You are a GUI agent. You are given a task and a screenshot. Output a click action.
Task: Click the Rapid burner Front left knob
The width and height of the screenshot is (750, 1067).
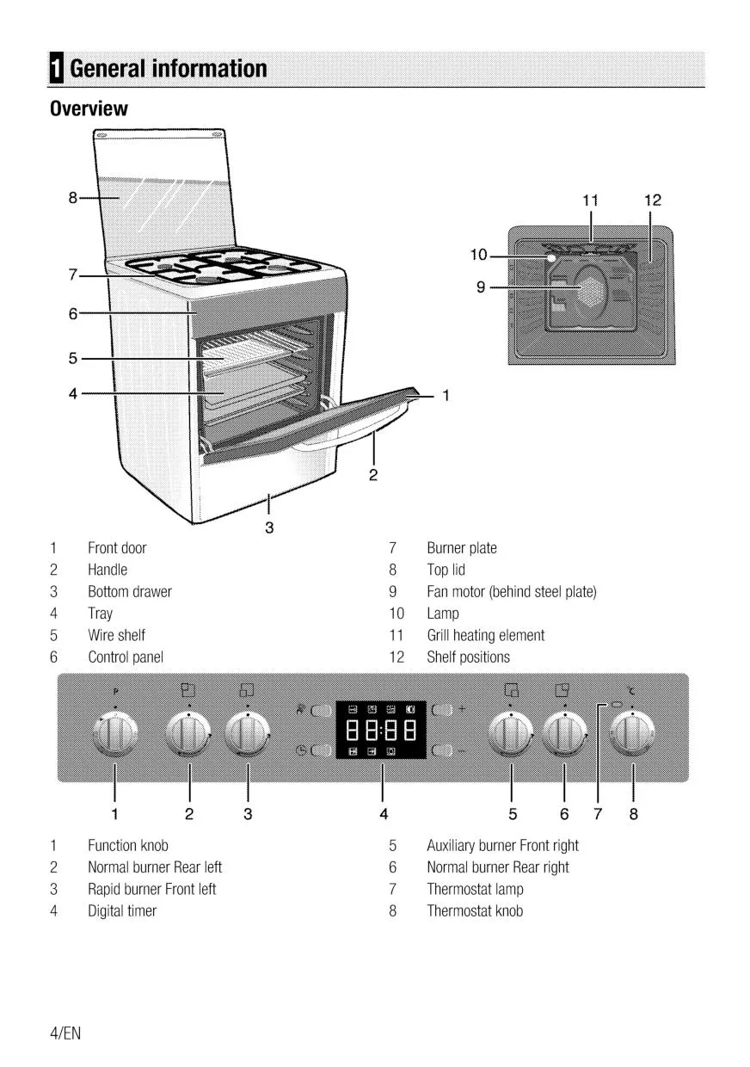click(248, 736)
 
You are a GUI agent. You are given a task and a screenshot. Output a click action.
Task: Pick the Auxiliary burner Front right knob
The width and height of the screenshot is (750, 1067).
click(511, 736)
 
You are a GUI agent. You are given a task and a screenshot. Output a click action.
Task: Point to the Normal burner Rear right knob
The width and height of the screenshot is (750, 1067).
click(564, 736)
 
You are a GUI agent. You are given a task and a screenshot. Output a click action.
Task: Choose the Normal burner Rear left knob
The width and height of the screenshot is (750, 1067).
click(189, 736)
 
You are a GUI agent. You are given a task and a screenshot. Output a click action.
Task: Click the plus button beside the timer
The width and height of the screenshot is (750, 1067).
click(442, 711)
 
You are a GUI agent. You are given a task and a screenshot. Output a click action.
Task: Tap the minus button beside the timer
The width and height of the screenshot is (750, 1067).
click(442, 751)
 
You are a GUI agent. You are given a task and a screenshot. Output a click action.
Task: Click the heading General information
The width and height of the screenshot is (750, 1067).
click(169, 69)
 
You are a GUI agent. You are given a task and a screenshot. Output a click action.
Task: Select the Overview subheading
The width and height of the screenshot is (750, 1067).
click(89, 109)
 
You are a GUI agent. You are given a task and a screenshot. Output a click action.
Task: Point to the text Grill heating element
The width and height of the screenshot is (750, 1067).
click(485, 635)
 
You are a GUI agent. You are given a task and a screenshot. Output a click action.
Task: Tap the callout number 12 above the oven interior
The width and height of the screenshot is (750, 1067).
click(652, 200)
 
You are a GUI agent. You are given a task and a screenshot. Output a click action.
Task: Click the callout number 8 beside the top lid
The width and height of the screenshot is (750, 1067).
click(73, 197)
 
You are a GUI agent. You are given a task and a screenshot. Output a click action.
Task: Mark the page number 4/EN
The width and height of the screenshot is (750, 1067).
click(65, 1033)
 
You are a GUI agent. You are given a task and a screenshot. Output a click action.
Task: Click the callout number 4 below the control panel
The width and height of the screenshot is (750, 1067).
click(383, 813)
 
